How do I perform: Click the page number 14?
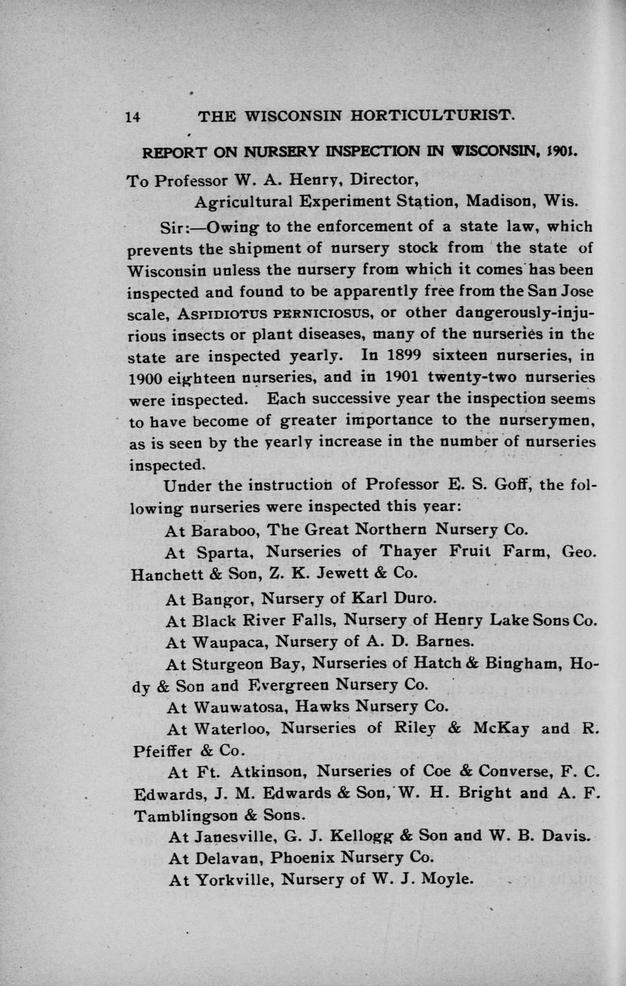point(132,117)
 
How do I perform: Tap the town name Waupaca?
point(227,641)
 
